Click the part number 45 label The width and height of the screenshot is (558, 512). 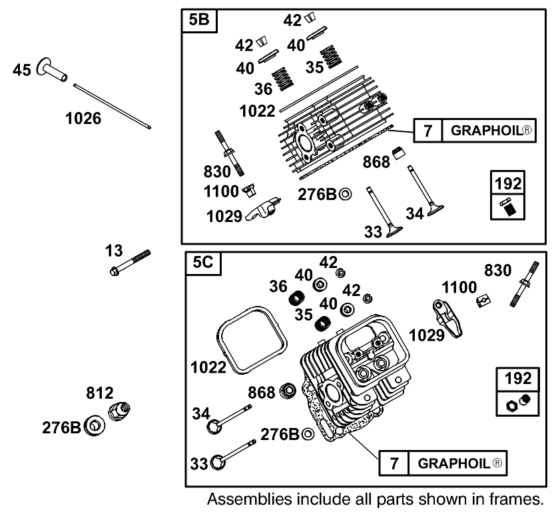[21, 70]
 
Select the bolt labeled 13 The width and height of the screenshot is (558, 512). [131, 263]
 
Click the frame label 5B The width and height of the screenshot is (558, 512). [198, 20]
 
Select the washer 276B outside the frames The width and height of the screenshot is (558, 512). [95, 425]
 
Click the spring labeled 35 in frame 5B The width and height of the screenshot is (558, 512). [327, 59]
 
